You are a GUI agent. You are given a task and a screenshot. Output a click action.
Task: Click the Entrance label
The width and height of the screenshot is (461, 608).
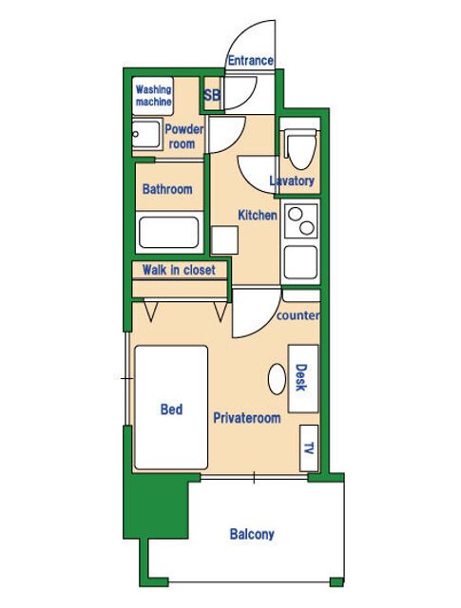(250, 61)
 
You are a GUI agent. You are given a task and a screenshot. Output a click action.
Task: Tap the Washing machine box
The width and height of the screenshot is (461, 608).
(152, 96)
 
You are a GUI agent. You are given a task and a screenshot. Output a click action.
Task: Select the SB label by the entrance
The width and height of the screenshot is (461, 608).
(212, 95)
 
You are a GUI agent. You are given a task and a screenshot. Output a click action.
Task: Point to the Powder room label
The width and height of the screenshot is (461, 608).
(184, 137)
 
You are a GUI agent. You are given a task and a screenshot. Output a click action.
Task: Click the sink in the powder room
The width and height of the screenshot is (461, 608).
(146, 134)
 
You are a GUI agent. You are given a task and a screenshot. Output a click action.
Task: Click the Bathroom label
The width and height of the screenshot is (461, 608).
(167, 189)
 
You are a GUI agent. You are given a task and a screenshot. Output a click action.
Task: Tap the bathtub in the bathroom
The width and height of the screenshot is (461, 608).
(169, 232)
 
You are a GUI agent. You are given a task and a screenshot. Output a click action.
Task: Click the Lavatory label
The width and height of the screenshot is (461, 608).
(292, 180)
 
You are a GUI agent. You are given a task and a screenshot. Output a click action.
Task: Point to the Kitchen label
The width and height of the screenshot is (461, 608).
(258, 216)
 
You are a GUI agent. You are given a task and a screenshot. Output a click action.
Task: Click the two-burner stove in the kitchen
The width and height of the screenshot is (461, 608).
(300, 220)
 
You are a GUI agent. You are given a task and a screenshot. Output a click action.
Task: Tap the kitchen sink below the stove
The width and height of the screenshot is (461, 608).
(300, 262)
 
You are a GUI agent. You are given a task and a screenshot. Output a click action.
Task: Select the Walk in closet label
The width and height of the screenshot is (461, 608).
(179, 270)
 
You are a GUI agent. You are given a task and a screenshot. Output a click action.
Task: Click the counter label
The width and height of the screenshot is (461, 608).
(298, 315)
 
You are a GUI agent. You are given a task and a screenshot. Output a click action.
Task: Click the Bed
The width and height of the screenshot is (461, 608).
(171, 408)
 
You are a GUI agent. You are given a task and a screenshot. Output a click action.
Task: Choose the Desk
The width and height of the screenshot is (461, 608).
(303, 378)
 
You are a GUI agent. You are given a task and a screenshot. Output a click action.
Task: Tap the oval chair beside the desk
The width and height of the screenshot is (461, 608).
(277, 380)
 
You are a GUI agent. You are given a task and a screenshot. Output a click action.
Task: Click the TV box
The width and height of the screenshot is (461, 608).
(309, 448)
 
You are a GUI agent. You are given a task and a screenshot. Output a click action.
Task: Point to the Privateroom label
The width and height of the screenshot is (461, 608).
(247, 418)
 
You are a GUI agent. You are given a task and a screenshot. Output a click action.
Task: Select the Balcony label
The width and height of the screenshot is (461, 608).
(252, 534)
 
